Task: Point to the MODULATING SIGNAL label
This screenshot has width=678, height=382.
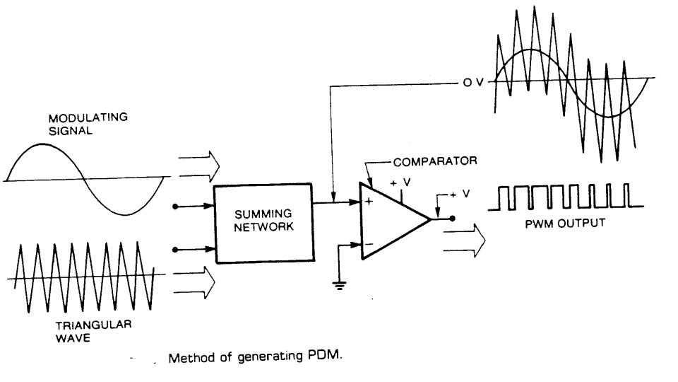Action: click(x=88, y=123)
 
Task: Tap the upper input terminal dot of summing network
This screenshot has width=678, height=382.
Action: click(x=176, y=207)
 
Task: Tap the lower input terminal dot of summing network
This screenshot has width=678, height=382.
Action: click(x=176, y=248)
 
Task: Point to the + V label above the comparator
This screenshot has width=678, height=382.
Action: click(x=400, y=183)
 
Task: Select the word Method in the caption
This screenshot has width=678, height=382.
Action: click(x=189, y=357)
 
